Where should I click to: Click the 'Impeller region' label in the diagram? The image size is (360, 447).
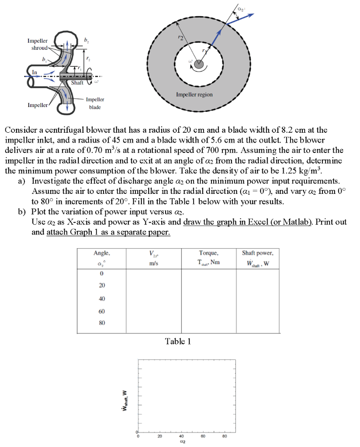[x=194, y=95]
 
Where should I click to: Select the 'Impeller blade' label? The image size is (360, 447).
[x=95, y=103]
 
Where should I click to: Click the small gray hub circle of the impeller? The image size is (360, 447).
[x=199, y=65]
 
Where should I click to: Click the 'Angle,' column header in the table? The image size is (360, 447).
[x=102, y=253]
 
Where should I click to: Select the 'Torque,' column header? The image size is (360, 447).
[x=208, y=253]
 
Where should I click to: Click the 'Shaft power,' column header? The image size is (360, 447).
[x=257, y=253]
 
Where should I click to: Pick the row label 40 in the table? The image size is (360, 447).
[x=101, y=299]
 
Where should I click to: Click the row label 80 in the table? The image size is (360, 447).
[x=101, y=323]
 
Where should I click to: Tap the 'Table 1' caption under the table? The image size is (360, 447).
[x=177, y=341]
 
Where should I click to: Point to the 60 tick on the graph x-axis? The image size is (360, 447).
[x=203, y=436]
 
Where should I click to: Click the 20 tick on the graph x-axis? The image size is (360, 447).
[x=159, y=436]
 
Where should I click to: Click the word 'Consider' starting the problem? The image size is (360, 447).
[x=20, y=130]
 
